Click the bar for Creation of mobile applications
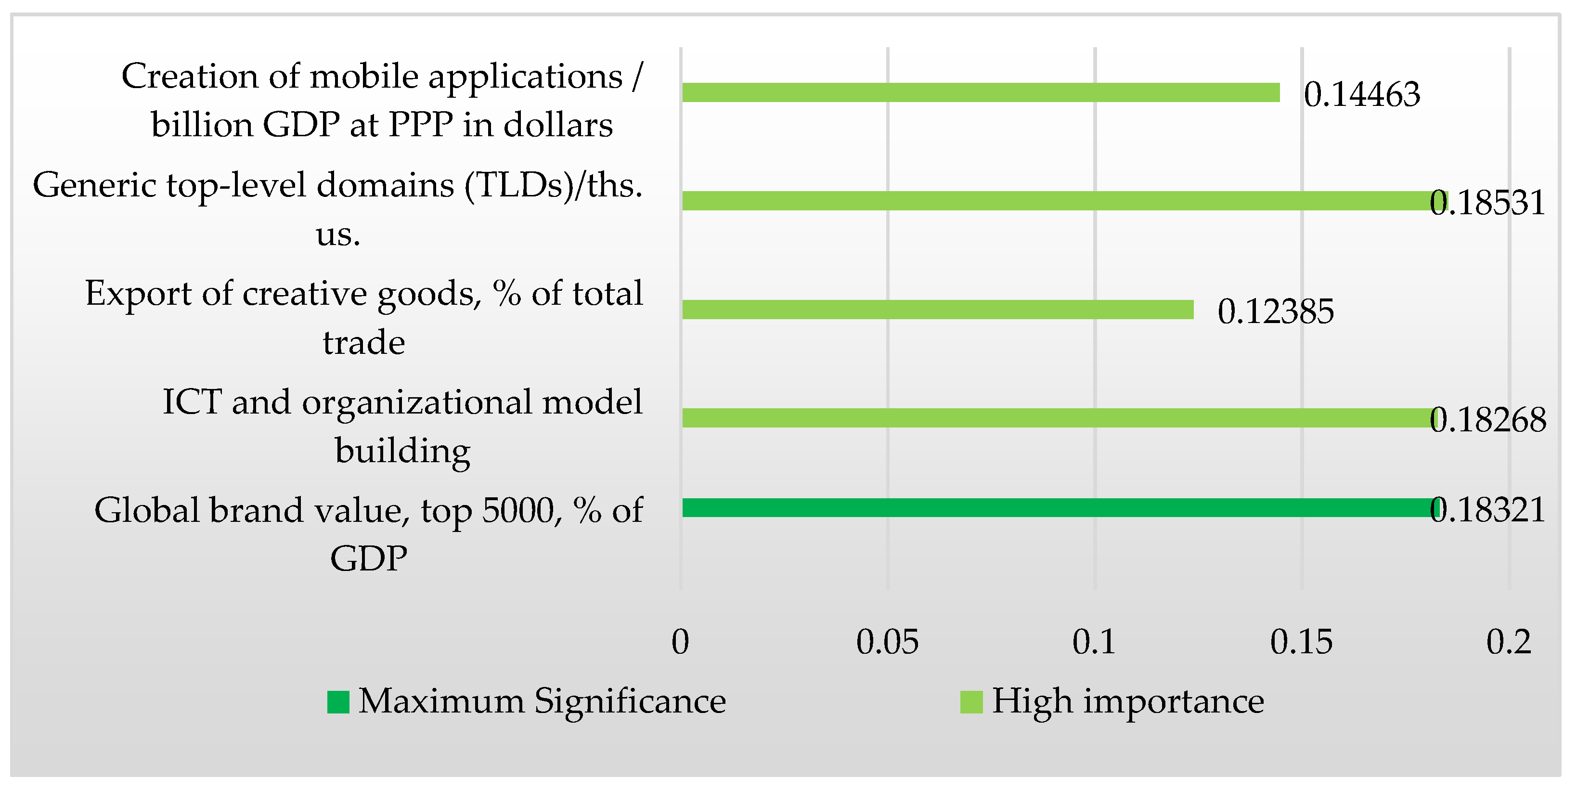(x=980, y=92)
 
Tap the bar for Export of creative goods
(x=937, y=309)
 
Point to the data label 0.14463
(x=1361, y=95)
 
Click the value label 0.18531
(x=1487, y=203)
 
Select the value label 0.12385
(x=1275, y=311)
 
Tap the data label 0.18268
(x=1487, y=420)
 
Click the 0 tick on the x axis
(x=680, y=642)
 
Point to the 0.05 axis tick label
(x=887, y=642)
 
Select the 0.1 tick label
(x=1094, y=642)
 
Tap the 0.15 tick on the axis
(x=1301, y=642)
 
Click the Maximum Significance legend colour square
(x=338, y=702)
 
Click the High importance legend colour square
(x=971, y=702)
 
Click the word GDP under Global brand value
(x=369, y=558)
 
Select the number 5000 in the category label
(x=518, y=510)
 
